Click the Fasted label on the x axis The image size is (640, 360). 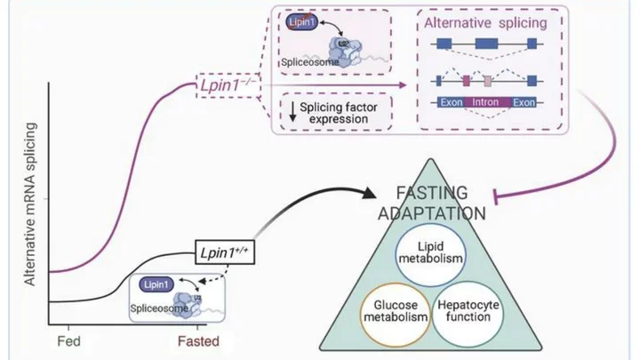[196, 340]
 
